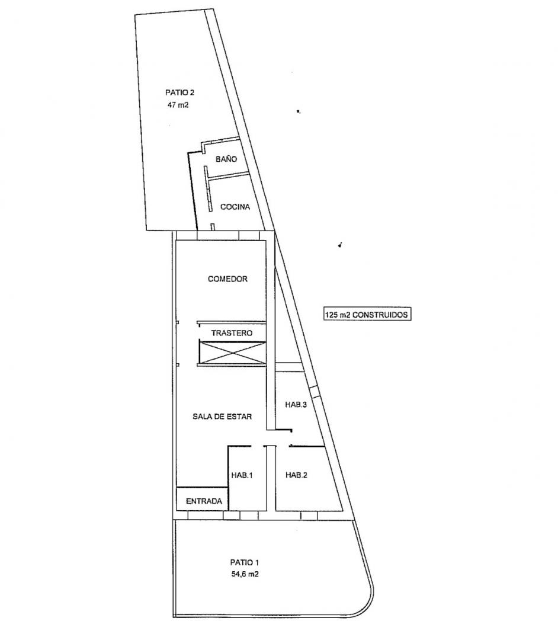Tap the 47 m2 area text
pos(178,105)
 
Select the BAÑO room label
pos(226,159)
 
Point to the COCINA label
pos(235,207)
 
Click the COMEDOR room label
pos(227,279)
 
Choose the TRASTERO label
pos(232,333)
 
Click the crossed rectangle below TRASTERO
pos(232,352)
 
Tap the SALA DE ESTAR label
pos(222,417)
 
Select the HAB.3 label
pos(296,405)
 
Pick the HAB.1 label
pos(242,475)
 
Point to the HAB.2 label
pos(297,475)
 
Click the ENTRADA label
pos(204,501)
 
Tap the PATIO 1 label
pos(244,562)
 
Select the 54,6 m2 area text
pos(245,574)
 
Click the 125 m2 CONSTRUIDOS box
pos(367,315)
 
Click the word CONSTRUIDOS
pos(380,315)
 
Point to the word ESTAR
pos(240,417)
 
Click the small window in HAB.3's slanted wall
pos(314,392)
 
